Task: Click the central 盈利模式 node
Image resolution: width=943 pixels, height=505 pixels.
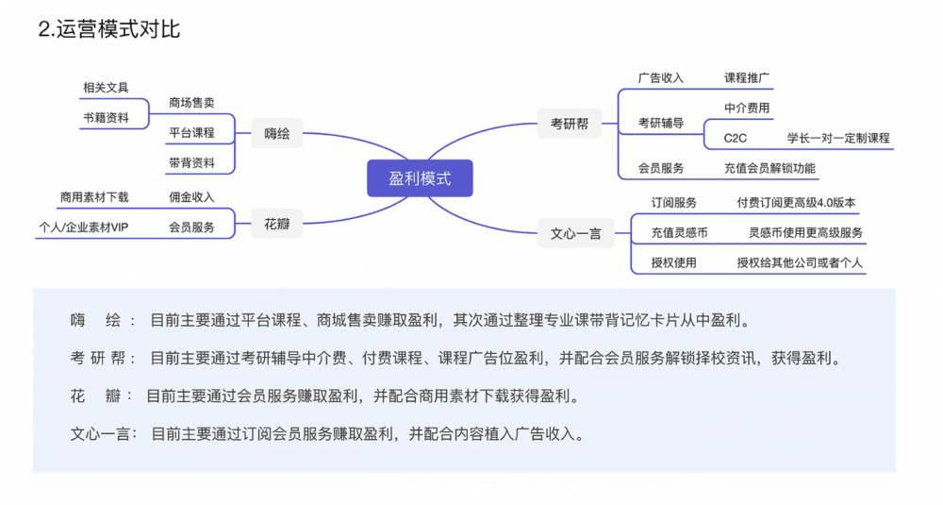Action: point(420,178)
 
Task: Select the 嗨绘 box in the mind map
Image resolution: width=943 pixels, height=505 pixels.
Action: point(277,133)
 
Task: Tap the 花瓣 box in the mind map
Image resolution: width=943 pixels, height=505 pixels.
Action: point(277,227)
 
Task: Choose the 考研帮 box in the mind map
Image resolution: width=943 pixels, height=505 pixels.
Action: point(570,123)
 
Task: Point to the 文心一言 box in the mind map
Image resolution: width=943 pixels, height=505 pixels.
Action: point(575,233)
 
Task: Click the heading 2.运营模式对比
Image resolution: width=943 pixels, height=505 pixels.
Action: point(108,29)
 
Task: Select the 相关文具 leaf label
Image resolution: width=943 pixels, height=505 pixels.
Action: point(105,88)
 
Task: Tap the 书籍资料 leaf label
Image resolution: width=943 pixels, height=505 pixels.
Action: point(105,118)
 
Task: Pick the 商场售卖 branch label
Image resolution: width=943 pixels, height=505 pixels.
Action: point(191,102)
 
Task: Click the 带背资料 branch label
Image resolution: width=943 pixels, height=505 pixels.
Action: point(191,162)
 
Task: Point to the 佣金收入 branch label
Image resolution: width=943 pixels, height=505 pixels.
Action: point(191,196)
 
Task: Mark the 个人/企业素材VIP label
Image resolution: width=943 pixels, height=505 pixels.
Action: point(83,227)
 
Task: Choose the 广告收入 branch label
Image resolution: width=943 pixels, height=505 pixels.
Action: point(660,78)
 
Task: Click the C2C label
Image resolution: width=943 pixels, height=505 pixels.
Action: point(735,138)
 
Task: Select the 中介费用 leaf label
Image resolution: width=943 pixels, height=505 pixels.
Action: point(747,108)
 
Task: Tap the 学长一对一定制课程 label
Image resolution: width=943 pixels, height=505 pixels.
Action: point(838,138)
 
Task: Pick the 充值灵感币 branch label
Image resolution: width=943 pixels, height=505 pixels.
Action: point(679,232)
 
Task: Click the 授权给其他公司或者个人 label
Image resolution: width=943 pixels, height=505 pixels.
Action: point(800,262)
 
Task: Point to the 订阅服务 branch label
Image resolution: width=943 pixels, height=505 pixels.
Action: point(674,203)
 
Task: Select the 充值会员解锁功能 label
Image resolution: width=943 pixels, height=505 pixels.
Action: point(769,168)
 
